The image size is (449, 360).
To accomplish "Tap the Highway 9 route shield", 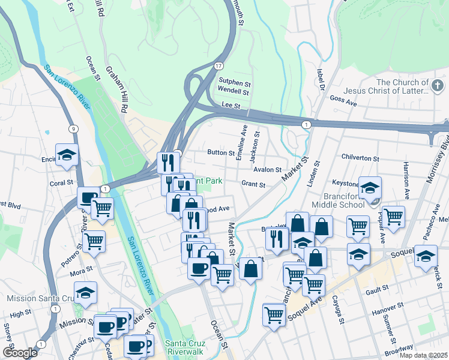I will (x=73, y=128).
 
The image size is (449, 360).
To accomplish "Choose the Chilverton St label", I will (x=360, y=158).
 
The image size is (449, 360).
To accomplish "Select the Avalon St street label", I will (x=267, y=170).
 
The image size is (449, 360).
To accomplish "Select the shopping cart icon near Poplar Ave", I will (x=393, y=217).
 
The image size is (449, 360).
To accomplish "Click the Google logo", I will (x=20, y=353).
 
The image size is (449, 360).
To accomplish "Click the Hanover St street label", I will (x=385, y=313).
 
